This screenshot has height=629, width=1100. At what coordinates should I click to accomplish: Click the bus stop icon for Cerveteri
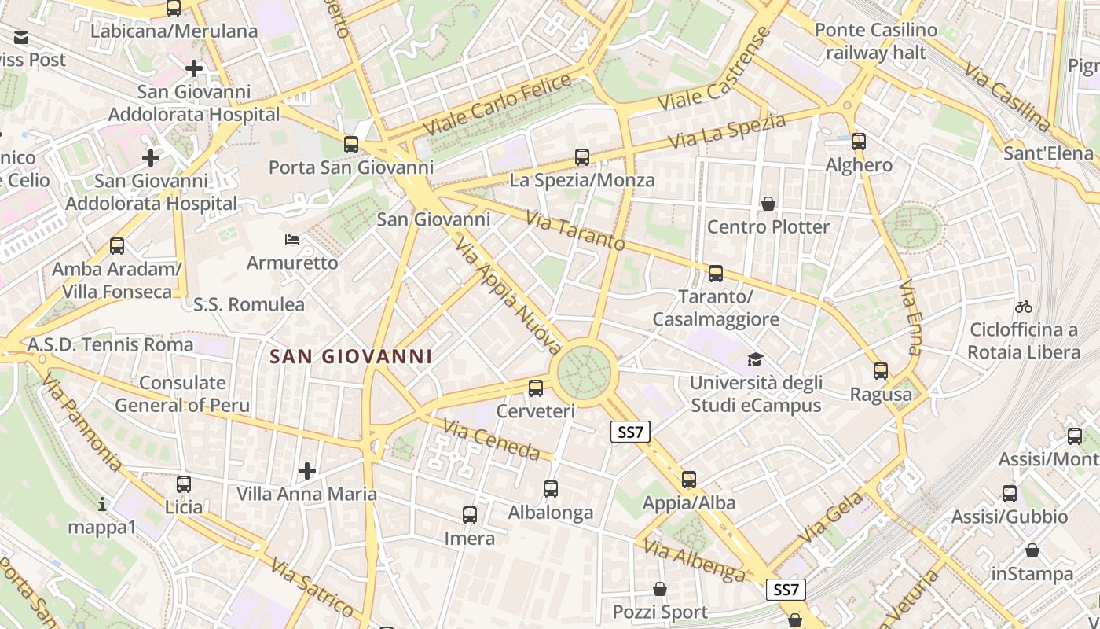pos(536,388)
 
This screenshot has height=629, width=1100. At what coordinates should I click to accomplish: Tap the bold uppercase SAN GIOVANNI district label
pos(351,357)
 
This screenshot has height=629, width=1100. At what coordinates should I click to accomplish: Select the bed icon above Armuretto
pos(291,239)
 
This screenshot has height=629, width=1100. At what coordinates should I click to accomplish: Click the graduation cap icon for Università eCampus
pos(755,359)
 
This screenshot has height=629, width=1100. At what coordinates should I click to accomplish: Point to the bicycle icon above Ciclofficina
pos(1023,307)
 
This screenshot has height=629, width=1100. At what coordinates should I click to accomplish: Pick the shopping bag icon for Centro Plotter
pos(768,204)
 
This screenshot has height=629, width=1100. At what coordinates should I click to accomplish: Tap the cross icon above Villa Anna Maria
pos(307,471)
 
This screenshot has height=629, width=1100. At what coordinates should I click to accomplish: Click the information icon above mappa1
pos(102,503)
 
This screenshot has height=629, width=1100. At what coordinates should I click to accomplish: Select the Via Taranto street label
pos(575,230)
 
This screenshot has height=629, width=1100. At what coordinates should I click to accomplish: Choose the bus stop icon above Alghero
pos(859,142)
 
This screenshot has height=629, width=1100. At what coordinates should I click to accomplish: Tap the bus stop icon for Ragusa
pos(881,371)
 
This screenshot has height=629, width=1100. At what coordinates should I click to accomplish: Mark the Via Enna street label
pos(910,317)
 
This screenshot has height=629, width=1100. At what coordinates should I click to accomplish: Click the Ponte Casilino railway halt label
pos(876,42)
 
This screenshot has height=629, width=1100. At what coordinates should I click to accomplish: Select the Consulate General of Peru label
pos(182,394)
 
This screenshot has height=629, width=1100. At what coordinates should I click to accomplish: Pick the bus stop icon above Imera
pos(470,515)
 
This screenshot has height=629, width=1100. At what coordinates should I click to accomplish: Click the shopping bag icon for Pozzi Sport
pos(660,589)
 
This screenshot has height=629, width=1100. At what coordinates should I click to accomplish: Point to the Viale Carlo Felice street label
pos(497,105)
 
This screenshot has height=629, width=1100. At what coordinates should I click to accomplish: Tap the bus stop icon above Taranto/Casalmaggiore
pos(716,274)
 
